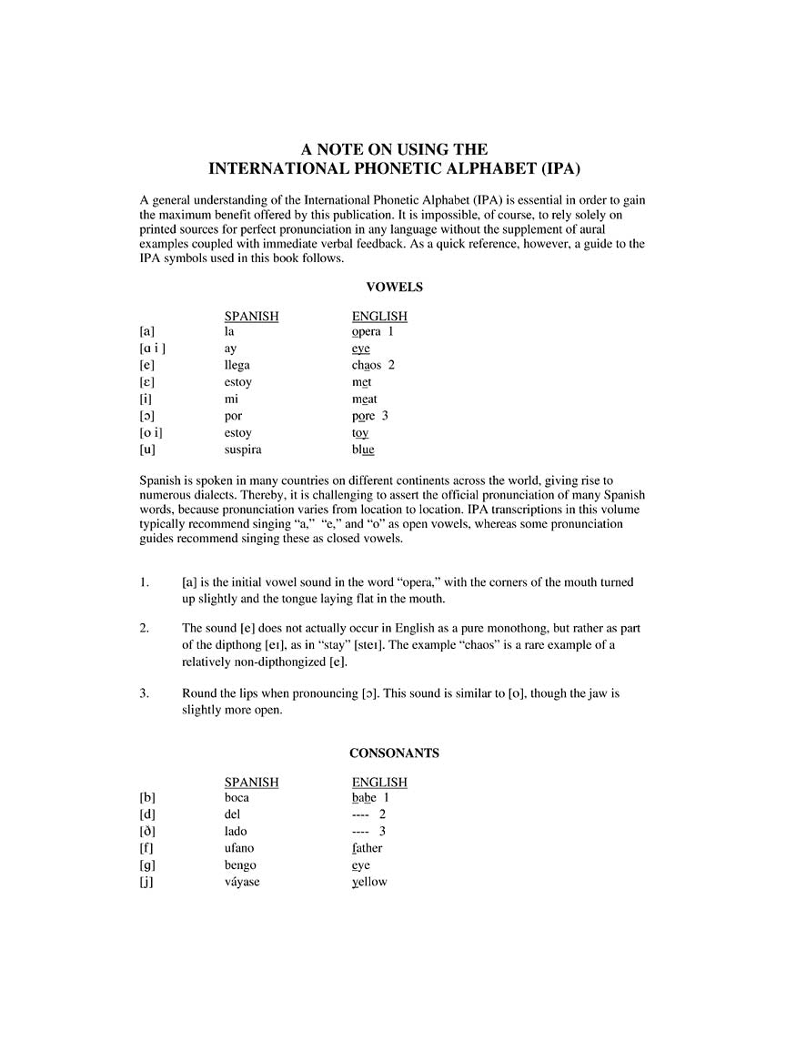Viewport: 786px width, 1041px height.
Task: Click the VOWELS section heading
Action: tap(394, 287)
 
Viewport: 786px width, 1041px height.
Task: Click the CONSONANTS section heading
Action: tap(394, 753)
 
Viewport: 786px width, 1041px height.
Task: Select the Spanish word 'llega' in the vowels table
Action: tap(237, 365)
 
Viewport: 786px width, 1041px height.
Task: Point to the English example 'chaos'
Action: tap(368, 365)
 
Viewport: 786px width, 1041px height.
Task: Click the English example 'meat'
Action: tap(364, 399)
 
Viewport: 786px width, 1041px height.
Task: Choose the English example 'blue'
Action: tap(363, 450)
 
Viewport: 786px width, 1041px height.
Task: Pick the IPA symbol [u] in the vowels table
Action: tap(146, 450)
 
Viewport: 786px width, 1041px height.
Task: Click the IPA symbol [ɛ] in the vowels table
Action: tap(146, 382)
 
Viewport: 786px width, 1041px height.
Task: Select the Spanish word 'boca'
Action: tap(237, 797)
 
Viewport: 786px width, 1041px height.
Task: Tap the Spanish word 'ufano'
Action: tap(239, 848)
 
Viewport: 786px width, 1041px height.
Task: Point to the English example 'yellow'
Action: tap(368, 882)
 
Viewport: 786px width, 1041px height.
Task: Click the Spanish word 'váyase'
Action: tap(242, 882)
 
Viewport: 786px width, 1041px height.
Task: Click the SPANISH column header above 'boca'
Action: tap(251, 782)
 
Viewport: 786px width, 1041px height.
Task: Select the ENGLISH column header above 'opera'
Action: tap(379, 316)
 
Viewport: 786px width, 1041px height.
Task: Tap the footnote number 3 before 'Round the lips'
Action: tap(144, 693)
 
